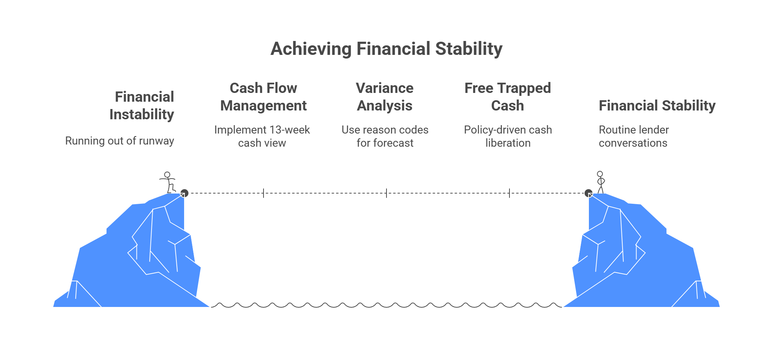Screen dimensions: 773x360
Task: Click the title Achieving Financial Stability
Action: [386, 49]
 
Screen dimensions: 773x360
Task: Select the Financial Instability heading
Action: [142, 105]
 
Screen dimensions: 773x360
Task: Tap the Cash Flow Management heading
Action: [264, 97]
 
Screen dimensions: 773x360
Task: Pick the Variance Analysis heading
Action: [385, 97]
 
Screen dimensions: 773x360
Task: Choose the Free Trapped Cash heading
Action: [508, 97]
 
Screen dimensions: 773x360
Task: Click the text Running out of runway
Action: [120, 141]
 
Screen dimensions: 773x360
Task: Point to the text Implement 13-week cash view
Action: [262, 136]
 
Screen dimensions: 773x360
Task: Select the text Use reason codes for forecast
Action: [385, 136]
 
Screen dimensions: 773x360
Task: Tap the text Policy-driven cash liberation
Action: [508, 136]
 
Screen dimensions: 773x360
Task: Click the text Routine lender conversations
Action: [634, 136]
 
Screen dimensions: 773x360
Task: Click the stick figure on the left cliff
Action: [168, 182]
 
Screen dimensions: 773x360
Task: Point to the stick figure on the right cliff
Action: [600, 182]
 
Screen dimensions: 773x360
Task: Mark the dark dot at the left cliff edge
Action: [184, 193]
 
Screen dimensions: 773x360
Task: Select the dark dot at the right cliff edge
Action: [589, 193]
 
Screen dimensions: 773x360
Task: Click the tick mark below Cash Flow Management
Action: [264, 193]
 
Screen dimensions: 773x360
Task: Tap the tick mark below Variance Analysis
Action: [386, 193]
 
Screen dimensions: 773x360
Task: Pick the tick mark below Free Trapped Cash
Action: [509, 193]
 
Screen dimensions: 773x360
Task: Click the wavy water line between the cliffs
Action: [386, 305]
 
